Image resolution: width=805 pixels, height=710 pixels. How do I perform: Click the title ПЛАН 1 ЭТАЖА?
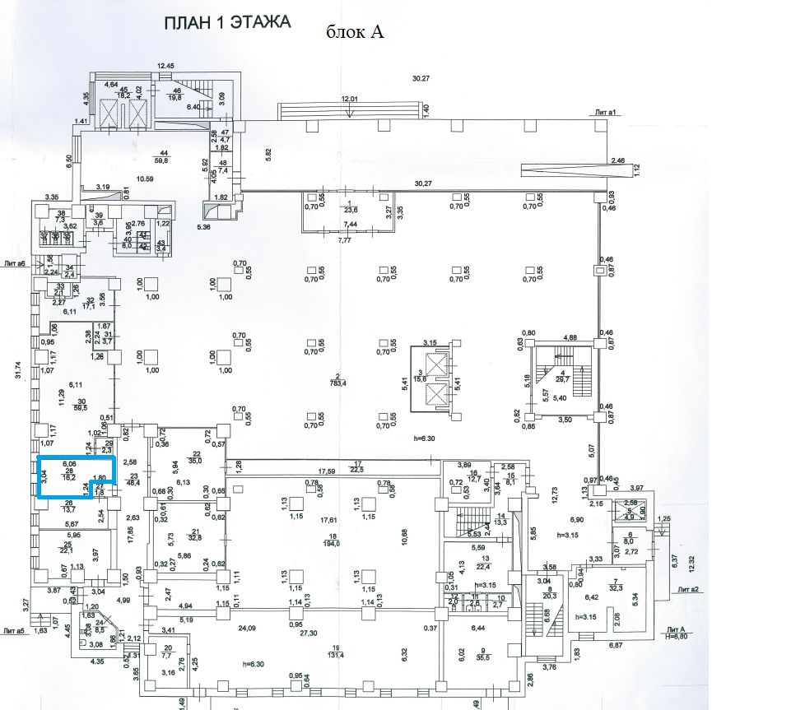point(228,22)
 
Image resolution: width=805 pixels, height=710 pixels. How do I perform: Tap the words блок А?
point(356,32)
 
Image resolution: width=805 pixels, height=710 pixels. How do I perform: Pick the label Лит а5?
point(15,629)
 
